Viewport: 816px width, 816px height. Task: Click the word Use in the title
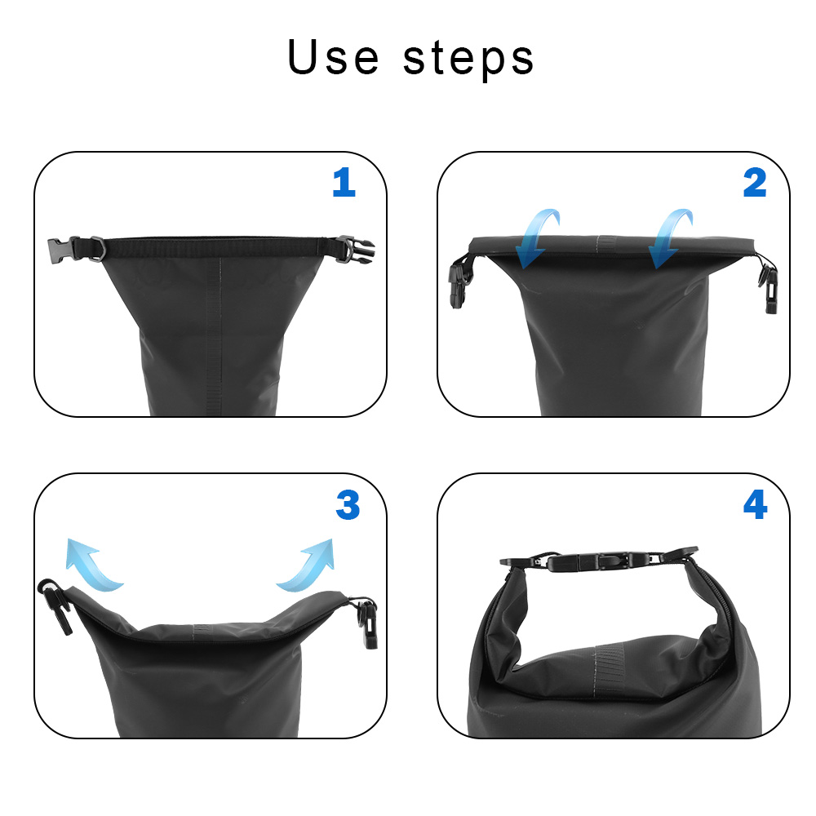[x=333, y=58]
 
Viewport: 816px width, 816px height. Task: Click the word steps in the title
[x=468, y=60]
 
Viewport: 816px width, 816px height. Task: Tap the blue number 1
[x=344, y=183]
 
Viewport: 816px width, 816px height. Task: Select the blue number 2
[x=755, y=183]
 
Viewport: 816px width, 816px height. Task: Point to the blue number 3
[x=348, y=506]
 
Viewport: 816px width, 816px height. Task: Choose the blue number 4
[x=755, y=506]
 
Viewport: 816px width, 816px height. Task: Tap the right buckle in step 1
[x=354, y=248]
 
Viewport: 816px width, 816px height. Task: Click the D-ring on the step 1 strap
[x=95, y=247]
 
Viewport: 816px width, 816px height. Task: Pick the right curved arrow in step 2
[x=671, y=237]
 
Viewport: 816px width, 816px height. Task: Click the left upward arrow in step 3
[x=91, y=563]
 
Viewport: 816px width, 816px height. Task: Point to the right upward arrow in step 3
[x=308, y=563]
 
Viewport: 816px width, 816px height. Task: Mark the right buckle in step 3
[x=368, y=622]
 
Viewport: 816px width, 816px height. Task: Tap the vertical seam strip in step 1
[x=214, y=335]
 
